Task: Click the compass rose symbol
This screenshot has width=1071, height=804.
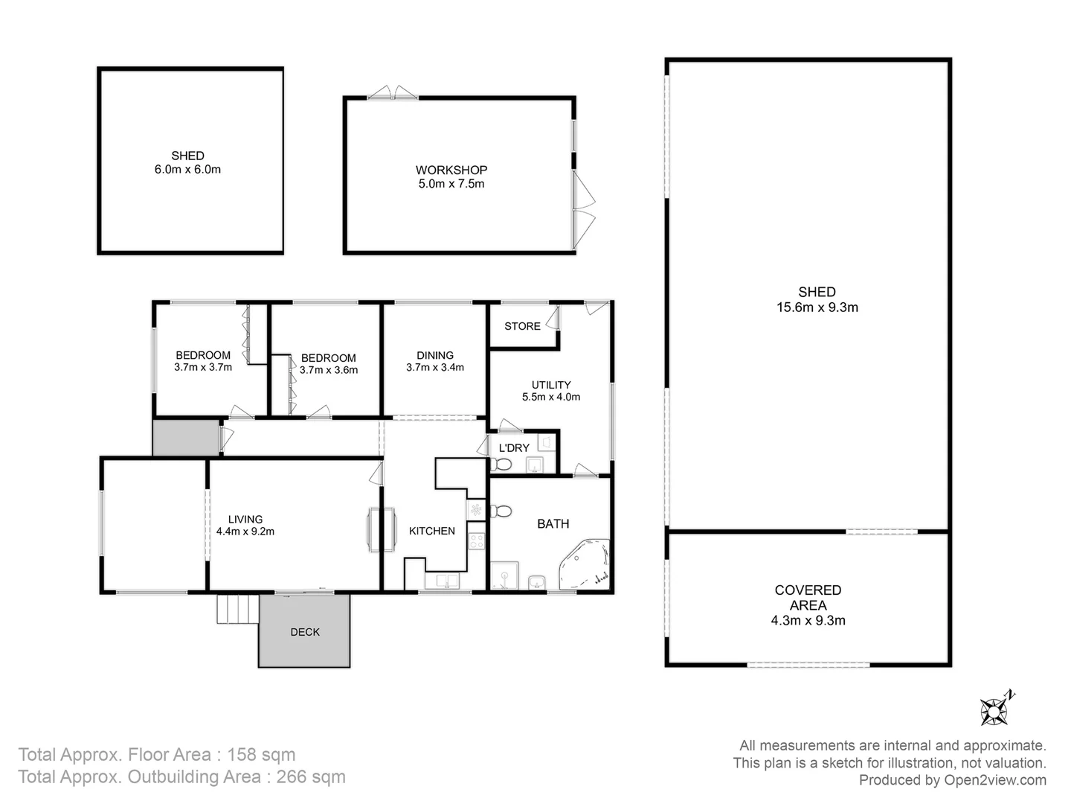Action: [994, 710]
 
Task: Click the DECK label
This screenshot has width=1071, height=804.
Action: [305, 632]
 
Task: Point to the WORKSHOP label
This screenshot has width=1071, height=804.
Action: [451, 170]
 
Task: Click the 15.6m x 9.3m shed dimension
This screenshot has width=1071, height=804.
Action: [817, 307]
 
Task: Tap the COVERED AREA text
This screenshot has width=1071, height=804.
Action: [808, 598]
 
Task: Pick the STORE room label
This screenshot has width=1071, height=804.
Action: [522, 326]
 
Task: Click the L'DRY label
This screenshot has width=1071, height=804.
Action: [513, 448]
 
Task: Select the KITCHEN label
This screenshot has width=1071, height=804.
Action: [431, 531]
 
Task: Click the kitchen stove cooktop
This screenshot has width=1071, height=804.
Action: [476, 541]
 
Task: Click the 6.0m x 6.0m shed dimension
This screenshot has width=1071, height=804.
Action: [187, 170]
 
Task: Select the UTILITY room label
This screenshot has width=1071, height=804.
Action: [551, 385]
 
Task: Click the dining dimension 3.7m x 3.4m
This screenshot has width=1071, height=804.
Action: [435, 367]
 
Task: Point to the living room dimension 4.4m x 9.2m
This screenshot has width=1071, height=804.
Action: [245, 532]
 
